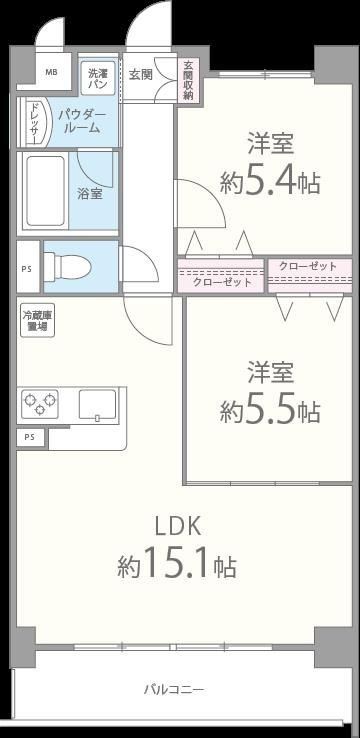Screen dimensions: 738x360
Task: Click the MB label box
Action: pyautogui.click(x=50, y=73)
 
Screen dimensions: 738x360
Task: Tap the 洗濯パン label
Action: pyautogui.click(x=97, y=78)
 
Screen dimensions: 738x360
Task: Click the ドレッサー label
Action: pyautogui.click(x=33, y=123)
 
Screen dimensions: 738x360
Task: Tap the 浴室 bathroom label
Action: pyautogui.click(x=90, y=193)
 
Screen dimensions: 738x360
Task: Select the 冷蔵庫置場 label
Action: pyautogui.click(x=37, y=320)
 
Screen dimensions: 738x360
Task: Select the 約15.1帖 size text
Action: pyautogui.click(x=177, y=567)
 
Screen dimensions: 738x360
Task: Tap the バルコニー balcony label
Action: pyautogui.click(x=174, y=690)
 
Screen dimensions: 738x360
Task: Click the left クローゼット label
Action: pyautogui.click(x=222, y=283)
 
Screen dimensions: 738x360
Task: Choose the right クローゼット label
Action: pyautogui.click(x=308, y=266)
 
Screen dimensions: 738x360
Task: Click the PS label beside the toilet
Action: pyautogui.click(x=26, y=268)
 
